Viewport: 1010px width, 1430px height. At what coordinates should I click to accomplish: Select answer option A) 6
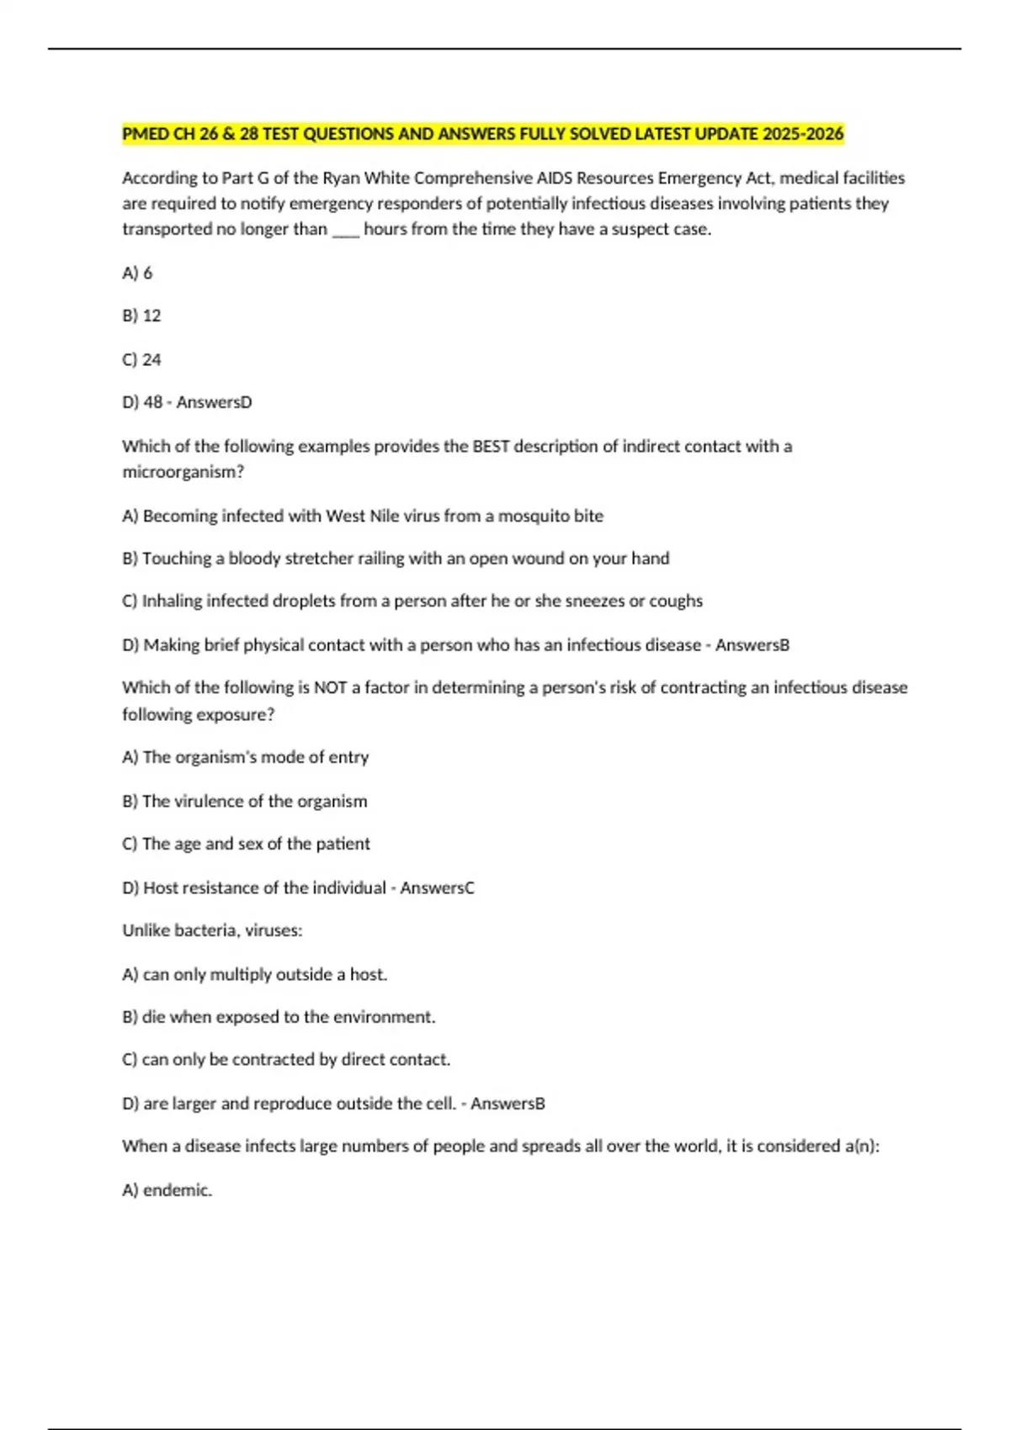(137, 273)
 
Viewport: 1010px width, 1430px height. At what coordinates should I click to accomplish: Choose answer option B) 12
(141, 315)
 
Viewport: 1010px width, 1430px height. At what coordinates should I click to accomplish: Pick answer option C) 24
(141, 359)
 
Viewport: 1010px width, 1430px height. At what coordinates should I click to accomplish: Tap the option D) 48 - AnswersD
(187, 402)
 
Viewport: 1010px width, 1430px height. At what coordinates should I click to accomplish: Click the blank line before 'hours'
(345, 230)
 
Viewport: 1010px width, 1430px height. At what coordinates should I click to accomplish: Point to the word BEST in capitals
(491, 446)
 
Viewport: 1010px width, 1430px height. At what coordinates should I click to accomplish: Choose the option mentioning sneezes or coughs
(412, 601)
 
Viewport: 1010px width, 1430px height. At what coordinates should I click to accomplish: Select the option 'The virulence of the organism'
(245, 801)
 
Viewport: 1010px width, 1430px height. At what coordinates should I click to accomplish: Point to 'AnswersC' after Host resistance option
(437, 887)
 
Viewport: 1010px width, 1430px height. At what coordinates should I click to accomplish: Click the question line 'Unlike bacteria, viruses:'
(212, 930)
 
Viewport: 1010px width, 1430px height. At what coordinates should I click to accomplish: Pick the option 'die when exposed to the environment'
(279, 1017)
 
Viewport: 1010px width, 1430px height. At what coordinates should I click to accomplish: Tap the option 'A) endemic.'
(167, 1189)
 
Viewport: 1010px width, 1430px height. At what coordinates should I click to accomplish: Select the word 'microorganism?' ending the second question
(183, 472)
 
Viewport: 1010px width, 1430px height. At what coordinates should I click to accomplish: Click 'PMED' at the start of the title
(146, 134)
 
